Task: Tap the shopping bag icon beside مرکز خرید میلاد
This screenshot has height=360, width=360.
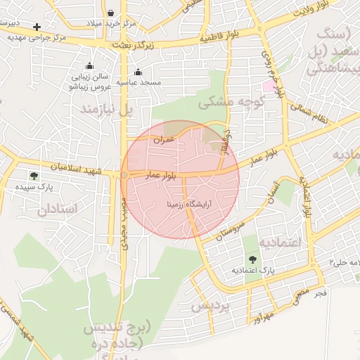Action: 112,13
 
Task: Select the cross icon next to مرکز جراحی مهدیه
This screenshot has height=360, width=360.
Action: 37,27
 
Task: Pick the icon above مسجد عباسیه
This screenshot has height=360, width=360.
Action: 138,72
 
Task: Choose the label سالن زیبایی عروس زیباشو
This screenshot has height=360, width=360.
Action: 91,82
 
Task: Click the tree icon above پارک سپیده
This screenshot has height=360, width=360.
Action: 34,176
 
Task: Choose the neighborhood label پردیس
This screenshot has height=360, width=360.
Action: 210,307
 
